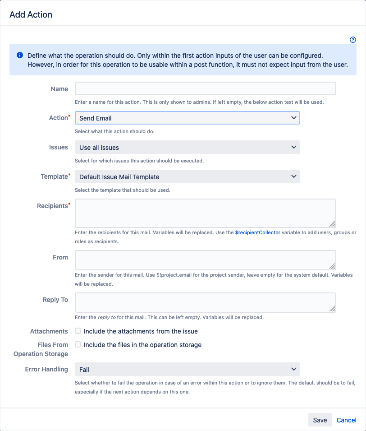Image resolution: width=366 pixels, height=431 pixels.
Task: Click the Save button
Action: [x=320, y=420]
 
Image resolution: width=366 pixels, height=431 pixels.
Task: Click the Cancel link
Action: [x=346, y=420]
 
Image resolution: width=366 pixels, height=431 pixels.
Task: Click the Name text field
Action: [x=205, y=88]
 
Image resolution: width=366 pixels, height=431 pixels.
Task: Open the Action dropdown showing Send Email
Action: [x=187, y=118]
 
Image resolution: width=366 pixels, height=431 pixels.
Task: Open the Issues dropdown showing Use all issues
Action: [x=187, y=147]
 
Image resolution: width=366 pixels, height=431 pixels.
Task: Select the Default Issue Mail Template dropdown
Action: [x=187, y=176]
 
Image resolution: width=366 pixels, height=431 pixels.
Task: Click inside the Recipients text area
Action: [x=205, y=213]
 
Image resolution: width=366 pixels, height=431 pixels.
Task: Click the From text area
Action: [x=205, y=260]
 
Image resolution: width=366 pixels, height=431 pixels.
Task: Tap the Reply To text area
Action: [x=205, y=302]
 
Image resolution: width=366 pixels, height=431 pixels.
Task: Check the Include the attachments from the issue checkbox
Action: [x=78, y=331]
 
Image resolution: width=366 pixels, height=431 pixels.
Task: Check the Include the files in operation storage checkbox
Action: [x=78, y=344]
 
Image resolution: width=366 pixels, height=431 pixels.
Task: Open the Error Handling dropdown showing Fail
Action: [x=187, y=369]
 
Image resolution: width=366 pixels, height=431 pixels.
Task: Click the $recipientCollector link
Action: [x=257, y=232]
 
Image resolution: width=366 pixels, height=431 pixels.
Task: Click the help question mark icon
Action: [x=353, y=40]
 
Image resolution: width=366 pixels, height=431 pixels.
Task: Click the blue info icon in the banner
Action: [x=20, y=55]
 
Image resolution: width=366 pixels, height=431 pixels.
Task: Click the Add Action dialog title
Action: [x=31, y=14]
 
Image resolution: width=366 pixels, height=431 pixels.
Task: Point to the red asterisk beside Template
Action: [x=69, y=174]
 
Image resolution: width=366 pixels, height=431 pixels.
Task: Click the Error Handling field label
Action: [x=46, y=369]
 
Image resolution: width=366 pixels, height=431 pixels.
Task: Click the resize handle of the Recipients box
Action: [x=332, y=223]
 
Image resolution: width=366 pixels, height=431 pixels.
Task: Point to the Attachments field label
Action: [x=49, y=331]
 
